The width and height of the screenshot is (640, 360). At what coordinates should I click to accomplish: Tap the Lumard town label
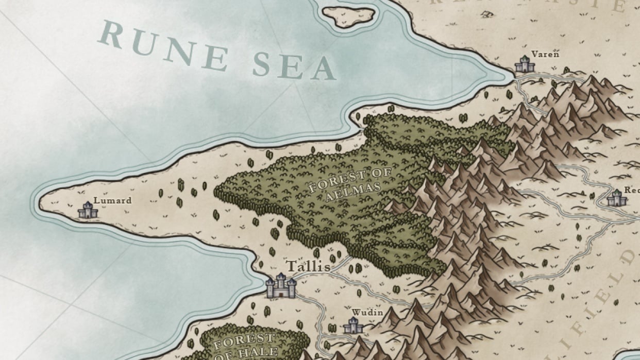[112, 200]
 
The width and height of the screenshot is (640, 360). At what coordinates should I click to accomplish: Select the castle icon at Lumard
[88, 210]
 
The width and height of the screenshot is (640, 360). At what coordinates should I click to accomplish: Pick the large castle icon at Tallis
[281, 286]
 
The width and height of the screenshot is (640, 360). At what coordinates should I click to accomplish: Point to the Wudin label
[367, 312]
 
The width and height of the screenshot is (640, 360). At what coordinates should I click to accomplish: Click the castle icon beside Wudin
[353, 325]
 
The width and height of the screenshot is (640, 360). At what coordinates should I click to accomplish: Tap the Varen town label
[545, 54]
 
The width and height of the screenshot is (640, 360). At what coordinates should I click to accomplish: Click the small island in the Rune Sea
[349, 16]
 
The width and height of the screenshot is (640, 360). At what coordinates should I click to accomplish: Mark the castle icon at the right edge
[616, 198]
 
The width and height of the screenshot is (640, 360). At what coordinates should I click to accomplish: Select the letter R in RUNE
[110, 35]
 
